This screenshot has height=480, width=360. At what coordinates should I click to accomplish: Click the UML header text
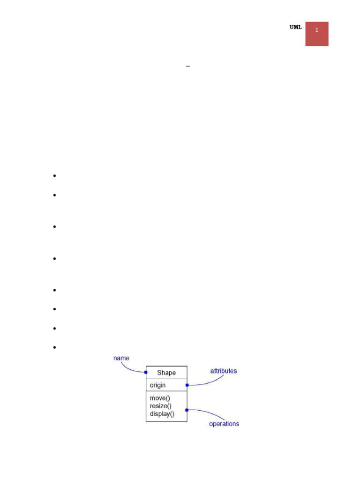295,28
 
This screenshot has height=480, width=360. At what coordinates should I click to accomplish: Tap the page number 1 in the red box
317,30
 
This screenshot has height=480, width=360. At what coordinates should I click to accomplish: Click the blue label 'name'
121,358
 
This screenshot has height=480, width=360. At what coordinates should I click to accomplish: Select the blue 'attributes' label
224,371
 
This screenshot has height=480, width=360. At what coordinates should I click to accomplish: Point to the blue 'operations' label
224,424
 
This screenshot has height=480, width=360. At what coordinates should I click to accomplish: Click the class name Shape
166,373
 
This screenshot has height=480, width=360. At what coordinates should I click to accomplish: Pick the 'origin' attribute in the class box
157,385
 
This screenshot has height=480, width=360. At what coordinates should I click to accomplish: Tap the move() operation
160,398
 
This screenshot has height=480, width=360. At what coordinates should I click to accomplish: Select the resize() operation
160,406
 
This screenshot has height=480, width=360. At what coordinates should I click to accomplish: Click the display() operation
162,414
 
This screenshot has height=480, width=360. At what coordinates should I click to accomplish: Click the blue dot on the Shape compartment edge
146,373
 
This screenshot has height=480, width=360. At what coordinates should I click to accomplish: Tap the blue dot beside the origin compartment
187,385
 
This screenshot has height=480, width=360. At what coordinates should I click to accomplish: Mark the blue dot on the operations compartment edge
187,410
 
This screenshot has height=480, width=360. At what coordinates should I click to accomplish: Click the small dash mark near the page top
188,67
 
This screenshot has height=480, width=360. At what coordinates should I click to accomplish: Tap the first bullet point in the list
55,176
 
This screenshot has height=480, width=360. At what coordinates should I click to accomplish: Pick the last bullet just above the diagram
55,347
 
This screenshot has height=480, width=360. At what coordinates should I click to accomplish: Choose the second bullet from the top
55,195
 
